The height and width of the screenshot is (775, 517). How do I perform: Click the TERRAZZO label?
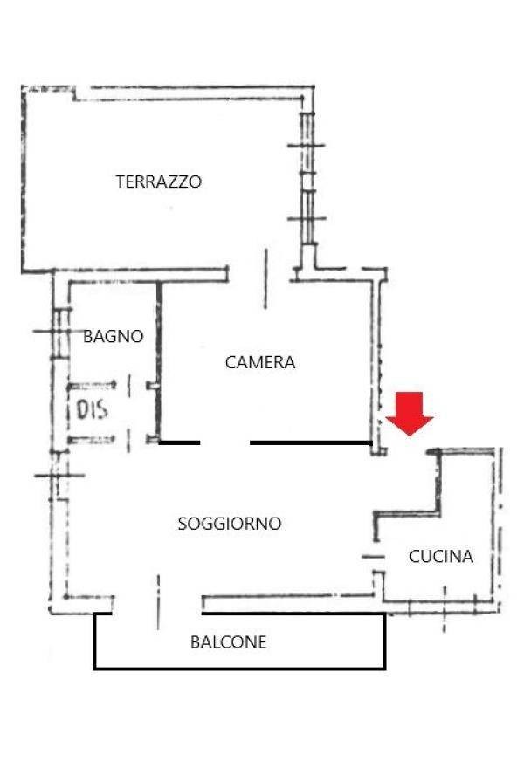[159, 182]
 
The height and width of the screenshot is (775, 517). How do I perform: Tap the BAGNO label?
[114, 336]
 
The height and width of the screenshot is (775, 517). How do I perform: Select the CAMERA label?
[259, 362]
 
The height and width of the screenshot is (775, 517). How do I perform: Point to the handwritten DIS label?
[92, 409]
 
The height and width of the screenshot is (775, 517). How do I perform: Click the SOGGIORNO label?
[230, 524]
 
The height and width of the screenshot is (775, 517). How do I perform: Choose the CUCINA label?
[441, 557]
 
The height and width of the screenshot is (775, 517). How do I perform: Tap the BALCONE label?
[229, 642]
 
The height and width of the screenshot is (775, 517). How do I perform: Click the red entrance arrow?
[410, 414]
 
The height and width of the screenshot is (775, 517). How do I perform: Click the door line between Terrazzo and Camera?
[265, 278]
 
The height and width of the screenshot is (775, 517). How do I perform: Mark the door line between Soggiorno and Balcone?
[158, 601]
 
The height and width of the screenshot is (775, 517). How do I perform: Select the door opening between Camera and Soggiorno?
[225, 442]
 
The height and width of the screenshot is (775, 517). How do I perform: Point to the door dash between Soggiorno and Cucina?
[373, 557]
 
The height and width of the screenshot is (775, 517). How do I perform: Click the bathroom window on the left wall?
[59, 332]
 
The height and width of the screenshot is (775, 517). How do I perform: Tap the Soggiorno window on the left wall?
[59, 476]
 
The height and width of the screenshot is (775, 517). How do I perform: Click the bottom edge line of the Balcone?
[240, 668]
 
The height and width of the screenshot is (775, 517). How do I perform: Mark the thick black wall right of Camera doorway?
[311, 442]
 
